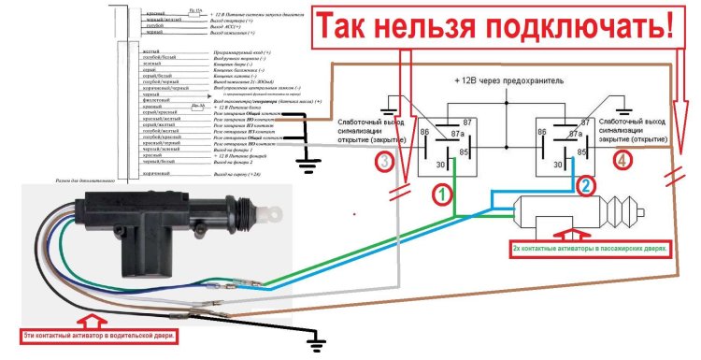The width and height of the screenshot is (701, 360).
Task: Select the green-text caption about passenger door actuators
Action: point(592,250)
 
